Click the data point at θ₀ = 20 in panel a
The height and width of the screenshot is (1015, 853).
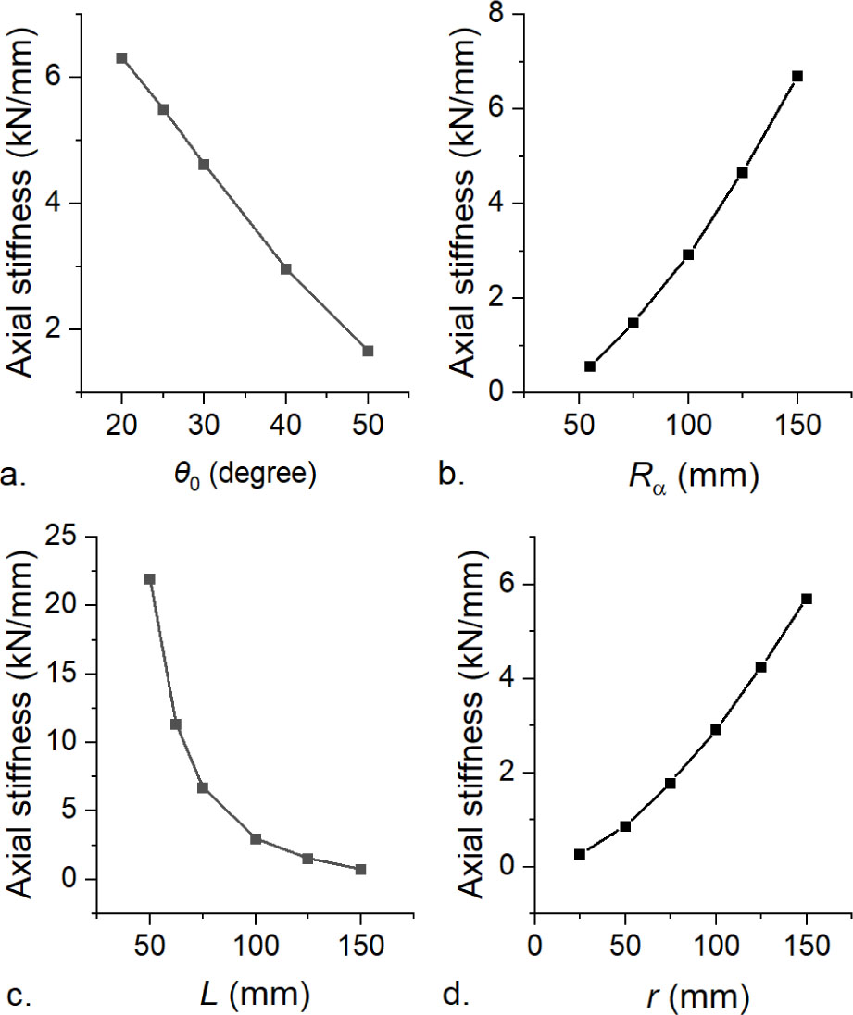pyautogui.click(x=121, y=58)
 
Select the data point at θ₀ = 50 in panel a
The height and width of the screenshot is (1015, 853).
pyautogui.click(x=368, y=351)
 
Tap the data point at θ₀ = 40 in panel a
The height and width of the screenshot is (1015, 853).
pyautogui.click(x=286, y=269)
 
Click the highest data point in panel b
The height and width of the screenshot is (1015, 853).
pyautogui.click(x=797, y=76)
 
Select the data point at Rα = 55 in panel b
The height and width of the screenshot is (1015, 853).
pyautogui.click(x=590, y=366)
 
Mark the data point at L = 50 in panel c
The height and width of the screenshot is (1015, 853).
pyautogui.click(x=150, y=579)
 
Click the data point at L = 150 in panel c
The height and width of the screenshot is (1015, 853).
pyautogui.click(x=360, y=870)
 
